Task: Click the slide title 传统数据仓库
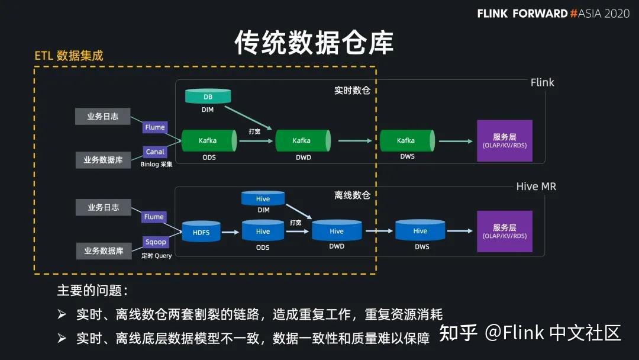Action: (x=314, y=43)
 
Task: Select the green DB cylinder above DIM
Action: (x=208, y=97)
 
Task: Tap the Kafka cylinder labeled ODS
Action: (x=208, y=141)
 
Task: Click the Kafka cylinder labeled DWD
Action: (x=302, y=141)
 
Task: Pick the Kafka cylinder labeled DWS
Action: (x=406, y=141)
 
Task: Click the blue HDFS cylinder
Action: (x=201, y=232)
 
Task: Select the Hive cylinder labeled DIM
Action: (x=263, y=199)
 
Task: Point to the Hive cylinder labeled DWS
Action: (x=420, y=231)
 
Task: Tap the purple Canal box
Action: (x=155, y=152)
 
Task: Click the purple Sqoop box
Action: (x=156, y=242)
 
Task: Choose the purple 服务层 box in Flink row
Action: (x=505, y=141)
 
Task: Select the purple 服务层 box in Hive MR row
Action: (x=505, y=232)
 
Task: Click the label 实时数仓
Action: (x=352, y=91)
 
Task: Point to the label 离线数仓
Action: (x=352, y=195)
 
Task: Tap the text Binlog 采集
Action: (x=157, y=165)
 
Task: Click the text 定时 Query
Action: (x=157, y=256)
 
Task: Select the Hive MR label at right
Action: (x=536, y=187)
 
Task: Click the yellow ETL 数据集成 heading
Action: (x=69, y=56)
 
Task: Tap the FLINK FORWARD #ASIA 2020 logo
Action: (x=553, y=13)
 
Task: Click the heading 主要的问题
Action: (x=92, y=291)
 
